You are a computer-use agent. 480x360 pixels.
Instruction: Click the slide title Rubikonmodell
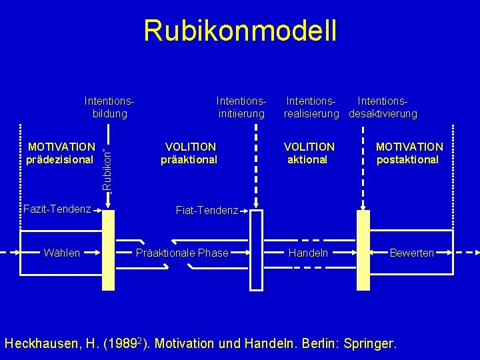pos(240,31)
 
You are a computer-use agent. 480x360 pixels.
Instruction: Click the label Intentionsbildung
pos(110,107)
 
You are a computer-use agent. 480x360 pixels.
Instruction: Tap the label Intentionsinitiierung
pos(241,107)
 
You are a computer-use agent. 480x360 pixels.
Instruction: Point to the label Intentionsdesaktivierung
pos(383,107)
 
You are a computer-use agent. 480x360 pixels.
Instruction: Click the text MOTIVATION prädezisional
pos(61,153)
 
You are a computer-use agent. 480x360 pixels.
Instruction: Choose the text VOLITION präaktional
pos(190,153)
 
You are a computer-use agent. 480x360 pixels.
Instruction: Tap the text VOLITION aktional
pos(309,153)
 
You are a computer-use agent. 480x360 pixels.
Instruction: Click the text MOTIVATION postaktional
pos(409,153)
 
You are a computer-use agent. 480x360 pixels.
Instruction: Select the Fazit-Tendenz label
pos(57,209)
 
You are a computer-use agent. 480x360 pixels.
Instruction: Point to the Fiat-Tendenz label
pos(207,211)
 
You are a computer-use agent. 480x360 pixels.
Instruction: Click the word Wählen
pos(61,253)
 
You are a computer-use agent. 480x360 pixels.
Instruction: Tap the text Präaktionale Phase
pos(182,253)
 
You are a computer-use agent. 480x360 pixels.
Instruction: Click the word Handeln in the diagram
pos(308,253)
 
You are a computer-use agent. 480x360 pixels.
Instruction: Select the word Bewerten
pos(411,253)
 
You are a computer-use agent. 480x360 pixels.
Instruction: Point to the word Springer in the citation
pos(367,344)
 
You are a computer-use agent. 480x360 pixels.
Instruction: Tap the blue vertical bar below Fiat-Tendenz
pos(257,253)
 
